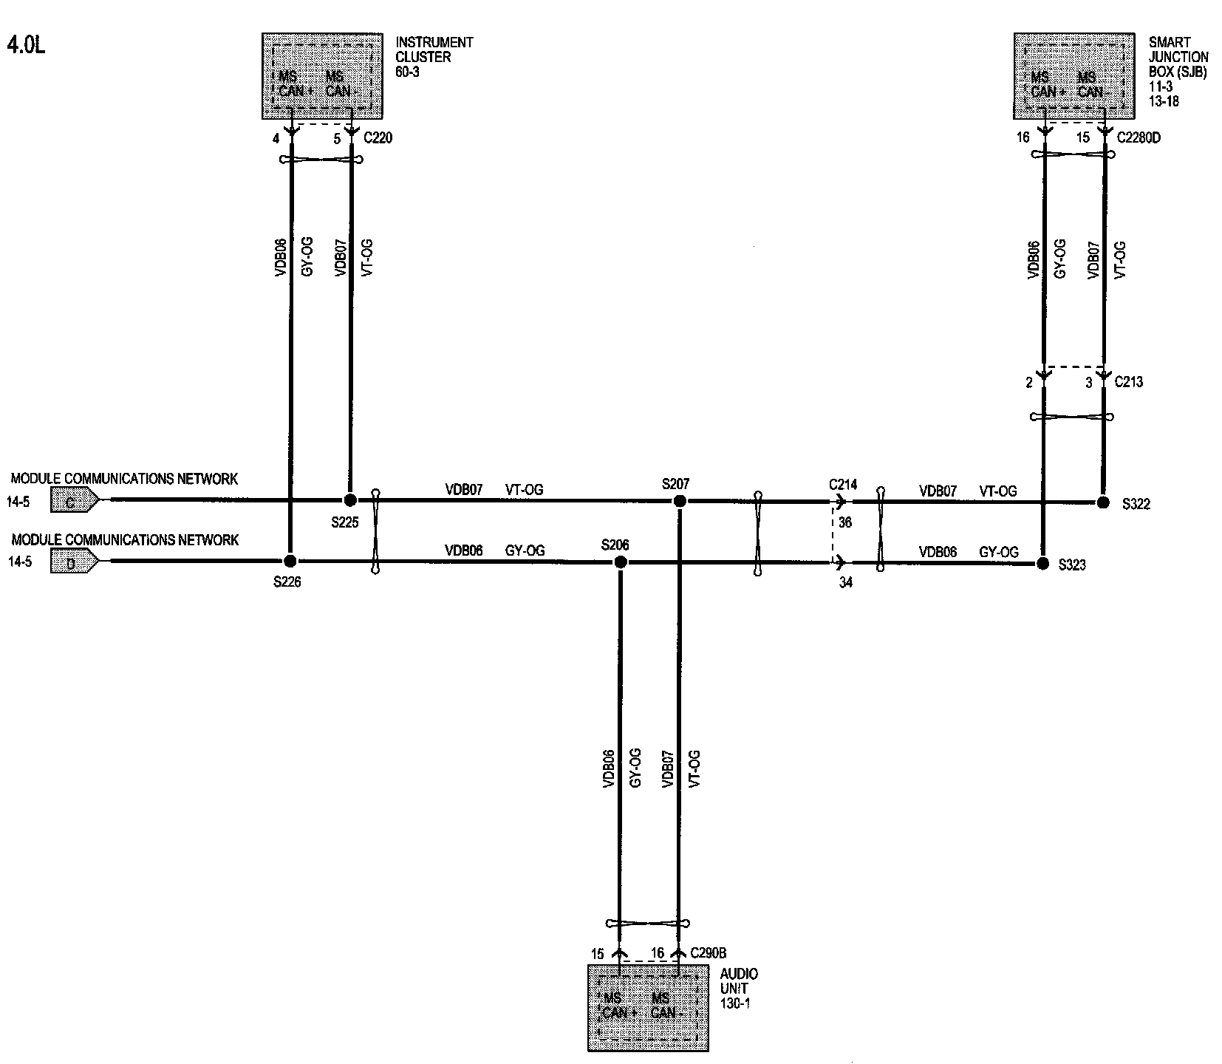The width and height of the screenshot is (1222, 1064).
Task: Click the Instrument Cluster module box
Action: (x=322, y=75)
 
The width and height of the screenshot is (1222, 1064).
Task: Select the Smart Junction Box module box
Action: (x=1073, y=75)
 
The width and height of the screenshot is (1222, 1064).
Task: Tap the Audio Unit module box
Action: (x=648, y=1007)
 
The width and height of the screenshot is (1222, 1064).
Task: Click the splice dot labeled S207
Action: (x=680, y=501)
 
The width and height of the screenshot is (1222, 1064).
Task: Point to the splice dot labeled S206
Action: (x=621, y=562)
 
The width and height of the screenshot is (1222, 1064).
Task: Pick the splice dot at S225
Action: (x=350, y=500)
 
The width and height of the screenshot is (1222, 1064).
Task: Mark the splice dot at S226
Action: (x=290, y=561)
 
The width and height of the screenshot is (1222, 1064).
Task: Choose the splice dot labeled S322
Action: (x=1103, y=502)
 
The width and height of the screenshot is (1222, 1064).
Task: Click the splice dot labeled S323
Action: (x=1042, y=564)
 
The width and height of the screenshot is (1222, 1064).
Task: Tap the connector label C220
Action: (x=378, y=137)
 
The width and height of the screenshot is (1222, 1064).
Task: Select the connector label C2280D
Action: (x=1139, y=137)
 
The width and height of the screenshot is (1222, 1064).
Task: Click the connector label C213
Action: (x=1128, y=382)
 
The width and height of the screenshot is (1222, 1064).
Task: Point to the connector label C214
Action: (x=843, y=485)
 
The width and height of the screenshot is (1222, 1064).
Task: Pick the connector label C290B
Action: (x=708, y=953)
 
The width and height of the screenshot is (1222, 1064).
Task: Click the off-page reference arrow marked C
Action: (x=73, y=502)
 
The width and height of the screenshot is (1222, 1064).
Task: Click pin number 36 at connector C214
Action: (x=845, y=522)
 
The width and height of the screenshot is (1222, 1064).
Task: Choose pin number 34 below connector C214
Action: (x=845, y=583)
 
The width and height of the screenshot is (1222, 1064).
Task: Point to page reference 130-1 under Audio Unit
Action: (x=735, y=1003)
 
